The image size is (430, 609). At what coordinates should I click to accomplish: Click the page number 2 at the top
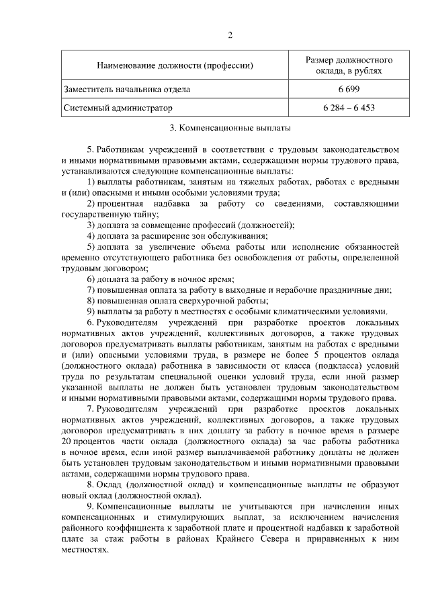tap(229, 36)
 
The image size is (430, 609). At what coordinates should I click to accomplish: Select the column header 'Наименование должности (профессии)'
tap(175, 66)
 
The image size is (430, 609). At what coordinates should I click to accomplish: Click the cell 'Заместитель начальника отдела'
tap(127, 89)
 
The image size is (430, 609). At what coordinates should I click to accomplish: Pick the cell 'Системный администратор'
tap(118, 108)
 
